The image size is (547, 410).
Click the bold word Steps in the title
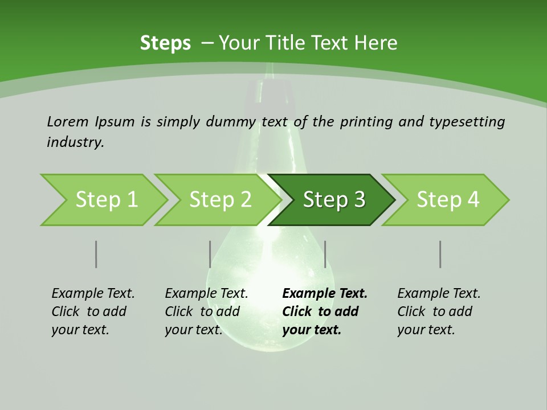click(165, 43)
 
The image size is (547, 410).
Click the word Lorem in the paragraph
click(67, 121)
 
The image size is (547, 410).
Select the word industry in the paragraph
click(75, 142)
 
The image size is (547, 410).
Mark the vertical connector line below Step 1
click(96, 254)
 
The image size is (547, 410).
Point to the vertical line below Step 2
click(210, 254)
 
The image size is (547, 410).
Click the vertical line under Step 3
click(325, 254)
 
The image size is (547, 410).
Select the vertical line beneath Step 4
click(440, 254)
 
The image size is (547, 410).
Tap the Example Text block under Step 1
click(93, 311)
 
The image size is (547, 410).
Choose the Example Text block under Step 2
click(206, 311)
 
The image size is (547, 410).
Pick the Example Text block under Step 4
click(439, 311)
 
